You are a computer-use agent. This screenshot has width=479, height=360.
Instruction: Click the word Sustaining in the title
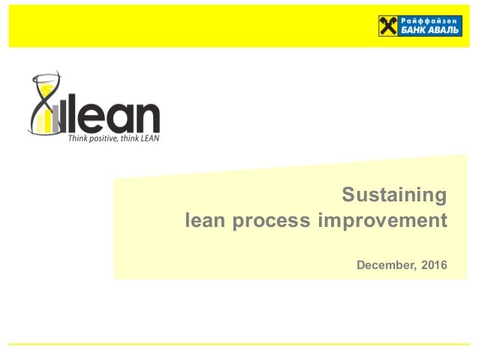394,195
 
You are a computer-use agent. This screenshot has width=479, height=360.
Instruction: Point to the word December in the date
384,265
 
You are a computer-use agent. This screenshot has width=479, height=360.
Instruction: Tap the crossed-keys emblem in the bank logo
389,26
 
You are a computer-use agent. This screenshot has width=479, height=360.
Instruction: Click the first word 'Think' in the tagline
77,138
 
